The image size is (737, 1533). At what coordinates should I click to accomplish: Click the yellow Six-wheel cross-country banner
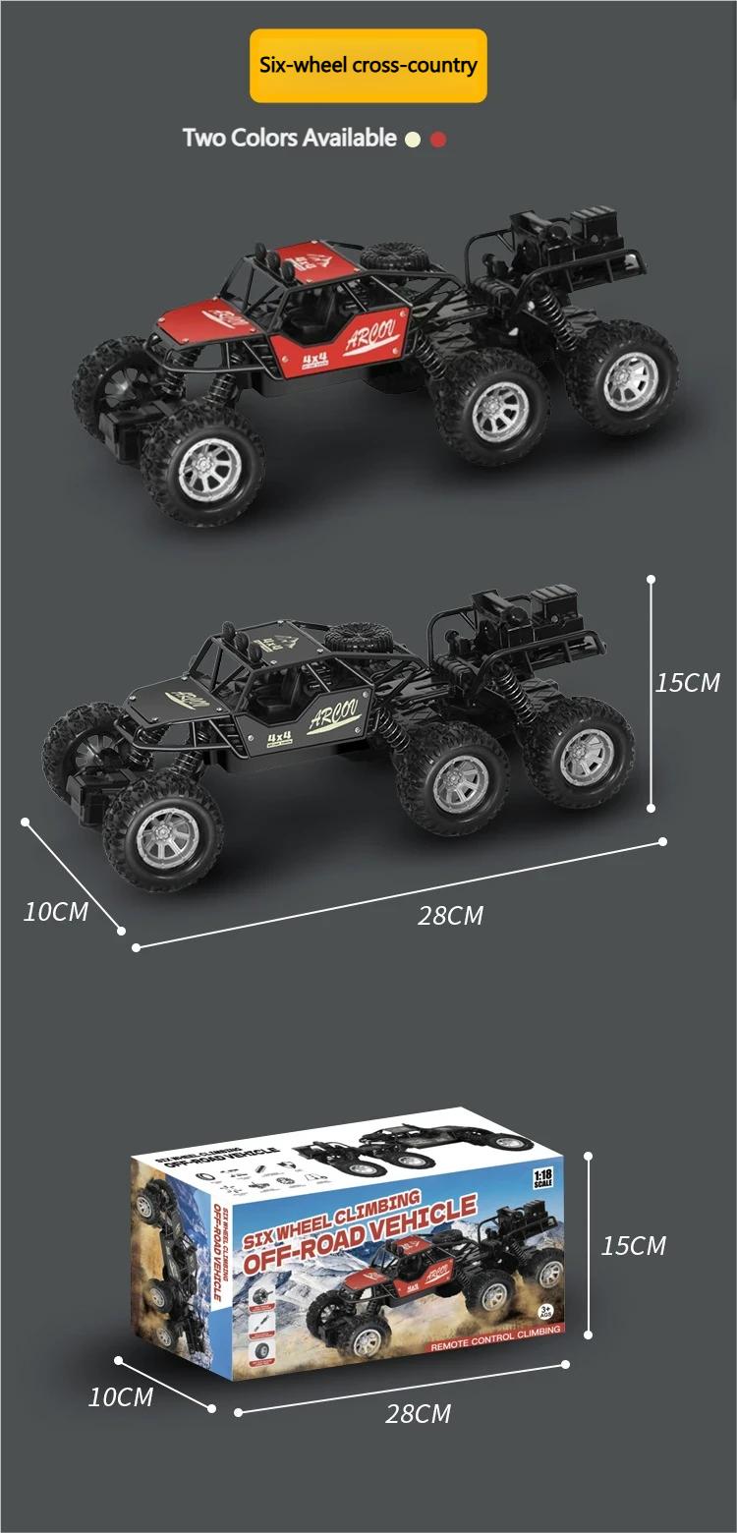tap(368, 66)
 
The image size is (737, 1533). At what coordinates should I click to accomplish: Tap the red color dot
tap(438, 140)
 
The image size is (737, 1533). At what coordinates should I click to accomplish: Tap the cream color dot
tap(413, 140)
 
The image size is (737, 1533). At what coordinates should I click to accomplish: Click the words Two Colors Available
tap(289, 138)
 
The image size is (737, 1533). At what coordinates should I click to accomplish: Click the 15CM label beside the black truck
tap(688, 682)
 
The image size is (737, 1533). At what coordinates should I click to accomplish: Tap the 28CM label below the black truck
tap(451, 916)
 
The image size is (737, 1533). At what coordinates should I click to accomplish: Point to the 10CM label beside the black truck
tap(56, 912)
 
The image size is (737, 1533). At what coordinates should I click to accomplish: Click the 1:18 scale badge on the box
tap(542, 1178)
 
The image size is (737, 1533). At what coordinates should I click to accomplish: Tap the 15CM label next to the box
tap(634, 1246)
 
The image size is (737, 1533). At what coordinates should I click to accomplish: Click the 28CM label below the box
tap(419, 1414)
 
